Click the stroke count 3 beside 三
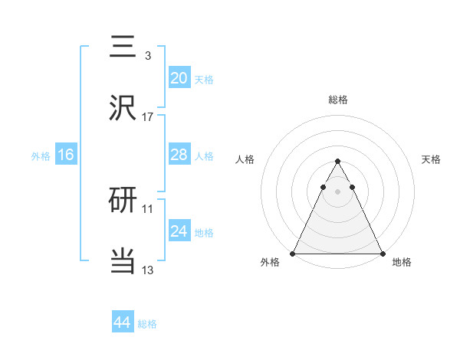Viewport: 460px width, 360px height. [x=147, y=56]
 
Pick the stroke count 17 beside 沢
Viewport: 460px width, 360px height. [x=148, y=117]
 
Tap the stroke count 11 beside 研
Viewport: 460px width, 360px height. [x=148, y=208]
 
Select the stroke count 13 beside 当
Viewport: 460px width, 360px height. [x=148, y=270]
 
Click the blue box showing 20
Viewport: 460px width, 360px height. [x=179, y=77]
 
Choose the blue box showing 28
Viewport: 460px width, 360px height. [x=179, y=155]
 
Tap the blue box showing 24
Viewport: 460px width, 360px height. [x=179, y=231]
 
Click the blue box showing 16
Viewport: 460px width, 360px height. [x=66, y=155]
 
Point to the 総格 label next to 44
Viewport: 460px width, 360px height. [x=148, y=324]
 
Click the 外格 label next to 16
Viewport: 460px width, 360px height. [x=41, y=156]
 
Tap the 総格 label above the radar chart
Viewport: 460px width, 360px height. [x=337, y=100]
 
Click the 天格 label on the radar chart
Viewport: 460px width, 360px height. [x=432, y=159]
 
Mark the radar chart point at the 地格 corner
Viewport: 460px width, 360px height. [x=382, y=253]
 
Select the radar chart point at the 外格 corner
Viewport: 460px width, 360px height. [x=293, y=253]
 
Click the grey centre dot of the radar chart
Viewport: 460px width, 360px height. [x=337, y=191]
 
